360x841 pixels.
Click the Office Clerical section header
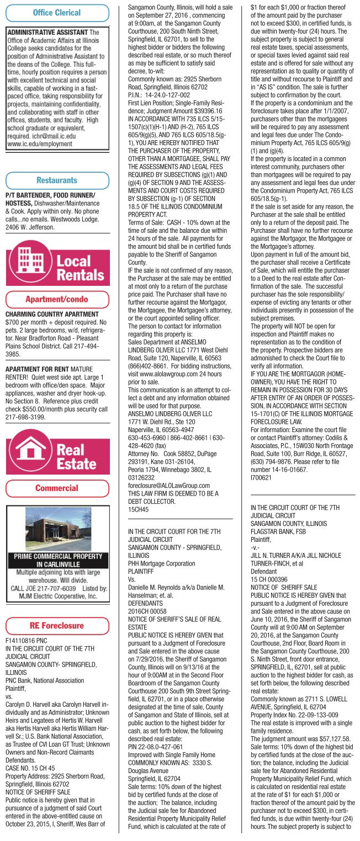57,13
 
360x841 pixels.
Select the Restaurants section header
57,180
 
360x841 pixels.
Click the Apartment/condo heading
57,299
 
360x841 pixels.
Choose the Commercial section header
57,488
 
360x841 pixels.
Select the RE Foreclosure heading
57,626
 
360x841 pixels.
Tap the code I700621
261,477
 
